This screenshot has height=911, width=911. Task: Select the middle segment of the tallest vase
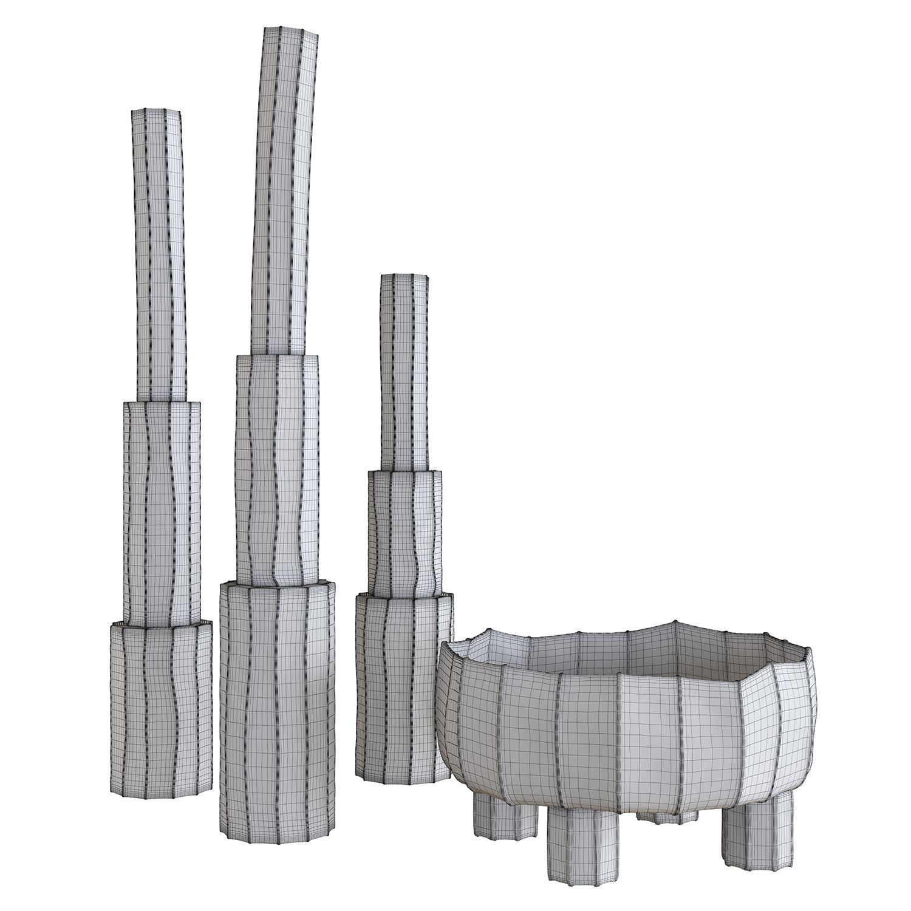[276, 468]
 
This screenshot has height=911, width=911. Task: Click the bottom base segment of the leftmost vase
[161, 698]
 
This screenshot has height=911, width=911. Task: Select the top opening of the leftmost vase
[157, 112]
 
